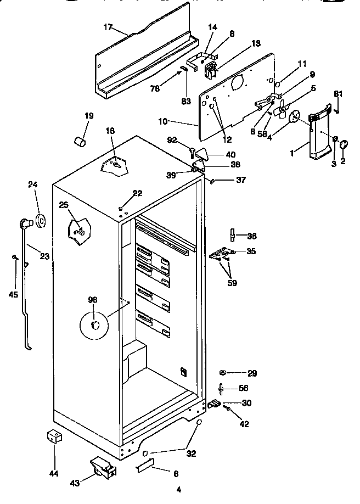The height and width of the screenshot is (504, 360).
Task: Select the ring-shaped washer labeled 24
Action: click(x=41, y=221)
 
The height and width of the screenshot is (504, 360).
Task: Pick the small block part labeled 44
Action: click(x=54, y=438)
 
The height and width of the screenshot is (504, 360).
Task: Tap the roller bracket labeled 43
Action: click(x=103, y=467)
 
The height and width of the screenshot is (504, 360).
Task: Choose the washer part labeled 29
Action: click(x=224, y=373)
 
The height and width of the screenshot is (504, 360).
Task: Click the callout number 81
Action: click(x=339, y=93)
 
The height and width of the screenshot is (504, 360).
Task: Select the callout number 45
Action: click(x=13, y=294)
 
